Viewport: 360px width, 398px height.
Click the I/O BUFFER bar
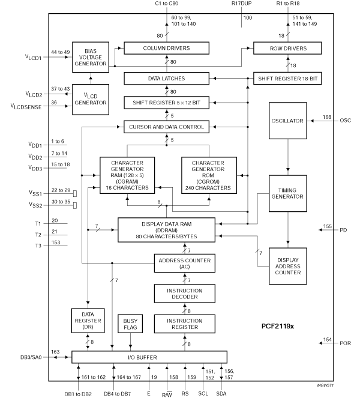pos(149,357)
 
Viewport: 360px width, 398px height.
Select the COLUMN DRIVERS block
pos(166,48)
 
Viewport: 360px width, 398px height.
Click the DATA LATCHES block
pos(166,78)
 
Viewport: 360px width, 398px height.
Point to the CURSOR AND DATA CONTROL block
pos(166,127)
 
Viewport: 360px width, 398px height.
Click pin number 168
pos(328,116)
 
